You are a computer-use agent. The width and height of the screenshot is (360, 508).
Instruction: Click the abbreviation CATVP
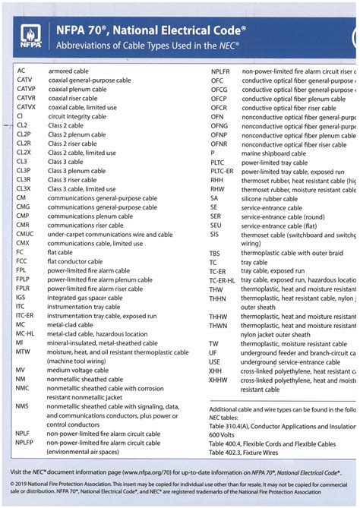pyautogui.click(x=27, y=89)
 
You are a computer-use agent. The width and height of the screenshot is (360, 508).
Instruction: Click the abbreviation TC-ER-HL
pyautogui.click(x=224, y=280)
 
